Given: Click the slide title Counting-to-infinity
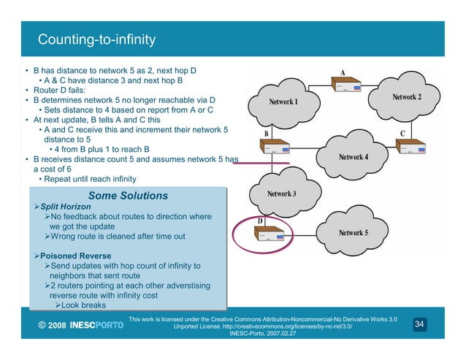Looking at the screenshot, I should tap(96, 38).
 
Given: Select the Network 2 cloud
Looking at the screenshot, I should tap(406, 97).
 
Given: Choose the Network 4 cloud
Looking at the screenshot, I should tap(353, 157).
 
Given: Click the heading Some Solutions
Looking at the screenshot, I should tap(127, 196).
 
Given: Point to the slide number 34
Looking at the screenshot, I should tap(419, 323).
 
